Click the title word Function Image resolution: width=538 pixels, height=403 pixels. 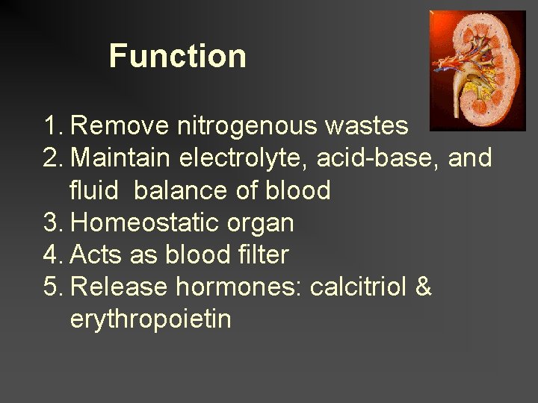coord(177,56)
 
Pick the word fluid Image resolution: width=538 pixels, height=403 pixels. coord(94,190)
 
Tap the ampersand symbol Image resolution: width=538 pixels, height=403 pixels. coord(423,287)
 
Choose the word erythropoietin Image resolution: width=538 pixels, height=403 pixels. coord(150,319)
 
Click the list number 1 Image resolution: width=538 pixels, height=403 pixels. coord(50,126)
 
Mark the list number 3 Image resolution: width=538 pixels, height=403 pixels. coord(51,222)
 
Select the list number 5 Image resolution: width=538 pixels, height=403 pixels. coord(51,287)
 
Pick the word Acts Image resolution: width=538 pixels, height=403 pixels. coord(94,254)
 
